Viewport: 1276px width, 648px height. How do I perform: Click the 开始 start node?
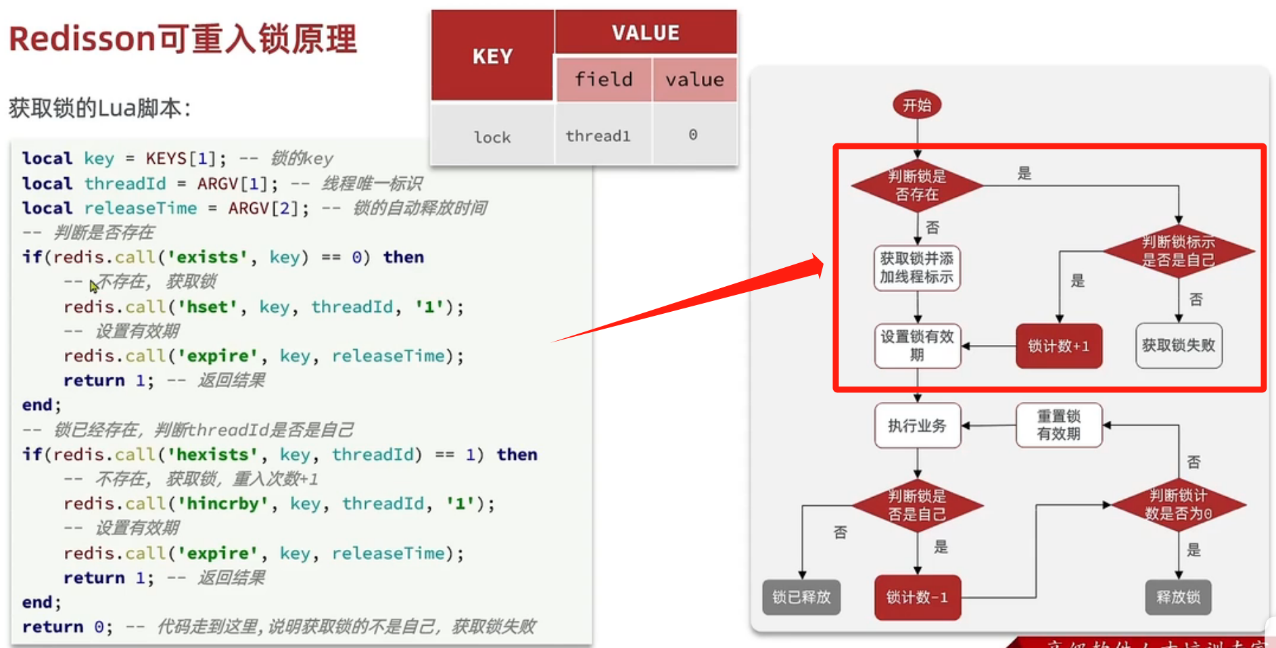tap(917, 106)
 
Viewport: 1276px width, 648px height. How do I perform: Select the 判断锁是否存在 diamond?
tap(917, 185)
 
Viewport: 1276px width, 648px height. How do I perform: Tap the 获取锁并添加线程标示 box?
tap(917, 268)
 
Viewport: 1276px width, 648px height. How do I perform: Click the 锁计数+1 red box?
tap(1059, 346)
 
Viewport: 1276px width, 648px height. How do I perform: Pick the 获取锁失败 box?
tap(1179, 346)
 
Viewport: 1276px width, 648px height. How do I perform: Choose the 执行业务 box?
tap(917, 425)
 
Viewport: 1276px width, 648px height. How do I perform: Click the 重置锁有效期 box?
tap(1059, 425)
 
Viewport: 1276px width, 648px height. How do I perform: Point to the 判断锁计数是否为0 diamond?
tap(1179, 505)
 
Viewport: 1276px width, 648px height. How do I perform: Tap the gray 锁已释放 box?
tap(801, 597)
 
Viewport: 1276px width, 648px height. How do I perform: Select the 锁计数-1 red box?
tap(917, 597)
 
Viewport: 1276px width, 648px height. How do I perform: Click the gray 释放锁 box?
tap(1178, 597)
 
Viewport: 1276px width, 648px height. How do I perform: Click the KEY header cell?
tap(492, 56)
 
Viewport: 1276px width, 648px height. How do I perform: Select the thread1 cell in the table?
tap(598, 136)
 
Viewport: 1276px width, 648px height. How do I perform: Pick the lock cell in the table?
tap(492, 137)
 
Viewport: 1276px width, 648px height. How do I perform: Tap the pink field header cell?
tap(604, 80)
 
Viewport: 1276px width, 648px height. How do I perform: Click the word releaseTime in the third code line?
tap(141, 208)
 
